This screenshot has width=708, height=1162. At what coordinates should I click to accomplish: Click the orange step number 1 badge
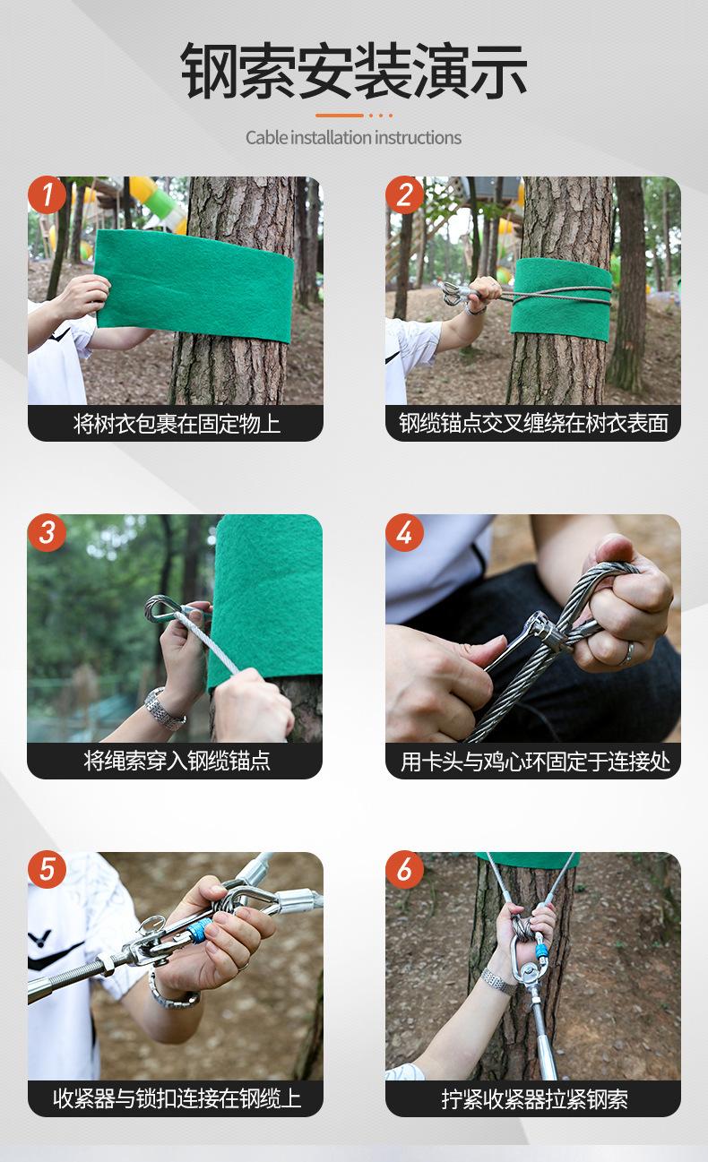[x=47, y=194]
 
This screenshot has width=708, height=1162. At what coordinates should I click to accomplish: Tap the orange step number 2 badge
[x=405, y=194]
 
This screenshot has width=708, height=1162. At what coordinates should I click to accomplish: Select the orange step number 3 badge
[x=47, y=532]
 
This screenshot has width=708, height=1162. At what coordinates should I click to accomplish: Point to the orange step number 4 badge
[x=405, y=532]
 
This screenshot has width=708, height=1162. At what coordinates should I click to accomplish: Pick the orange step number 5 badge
[x=47, y=869]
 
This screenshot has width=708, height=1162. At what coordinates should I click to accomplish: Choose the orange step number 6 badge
[x=405, y=869]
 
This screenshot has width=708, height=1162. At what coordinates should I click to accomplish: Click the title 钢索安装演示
[x=354, y=71]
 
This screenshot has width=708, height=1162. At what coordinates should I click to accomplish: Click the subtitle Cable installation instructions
[x=353, y=138]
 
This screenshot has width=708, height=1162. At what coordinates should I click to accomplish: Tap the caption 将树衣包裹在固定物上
[x=177, y=424]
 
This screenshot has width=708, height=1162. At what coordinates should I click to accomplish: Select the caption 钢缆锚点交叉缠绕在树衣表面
[x=533, y=423]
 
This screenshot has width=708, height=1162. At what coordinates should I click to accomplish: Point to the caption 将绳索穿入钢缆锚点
[x=177, y=761]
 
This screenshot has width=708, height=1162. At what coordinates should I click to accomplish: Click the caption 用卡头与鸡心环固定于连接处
[x=535, y=762]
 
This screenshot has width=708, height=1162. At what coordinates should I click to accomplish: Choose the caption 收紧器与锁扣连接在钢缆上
[x=177, y=1098]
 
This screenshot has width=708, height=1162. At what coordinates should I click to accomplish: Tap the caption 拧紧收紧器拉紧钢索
[x=534, y=1098]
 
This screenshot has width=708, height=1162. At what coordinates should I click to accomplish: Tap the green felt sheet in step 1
[x=194, y=286]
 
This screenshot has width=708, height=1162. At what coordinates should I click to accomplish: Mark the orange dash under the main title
[x=340, y=116]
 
